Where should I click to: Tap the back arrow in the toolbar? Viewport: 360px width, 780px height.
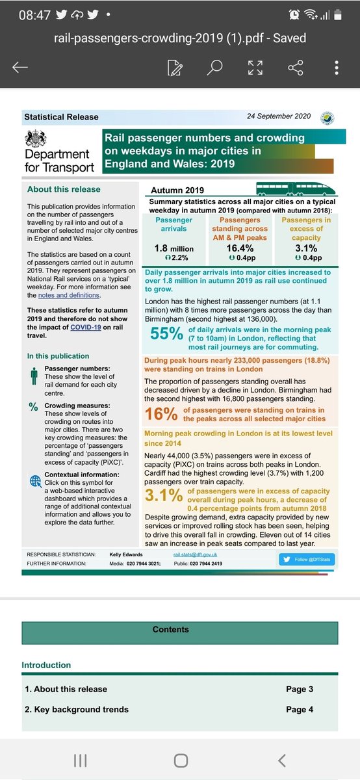(20, 68)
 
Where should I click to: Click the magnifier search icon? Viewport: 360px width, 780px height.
(215, 68)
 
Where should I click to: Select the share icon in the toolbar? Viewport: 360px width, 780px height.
(296, 68)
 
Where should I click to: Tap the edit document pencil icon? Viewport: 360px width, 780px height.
(174, 68)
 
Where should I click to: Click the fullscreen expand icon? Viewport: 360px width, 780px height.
(255, 68)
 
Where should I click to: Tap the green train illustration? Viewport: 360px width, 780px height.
(295, 188)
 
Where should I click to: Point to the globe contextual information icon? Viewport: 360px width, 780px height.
(34, 482)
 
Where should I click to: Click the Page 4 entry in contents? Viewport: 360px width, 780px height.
(300, 709)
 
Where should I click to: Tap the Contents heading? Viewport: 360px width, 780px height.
(171, 629)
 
